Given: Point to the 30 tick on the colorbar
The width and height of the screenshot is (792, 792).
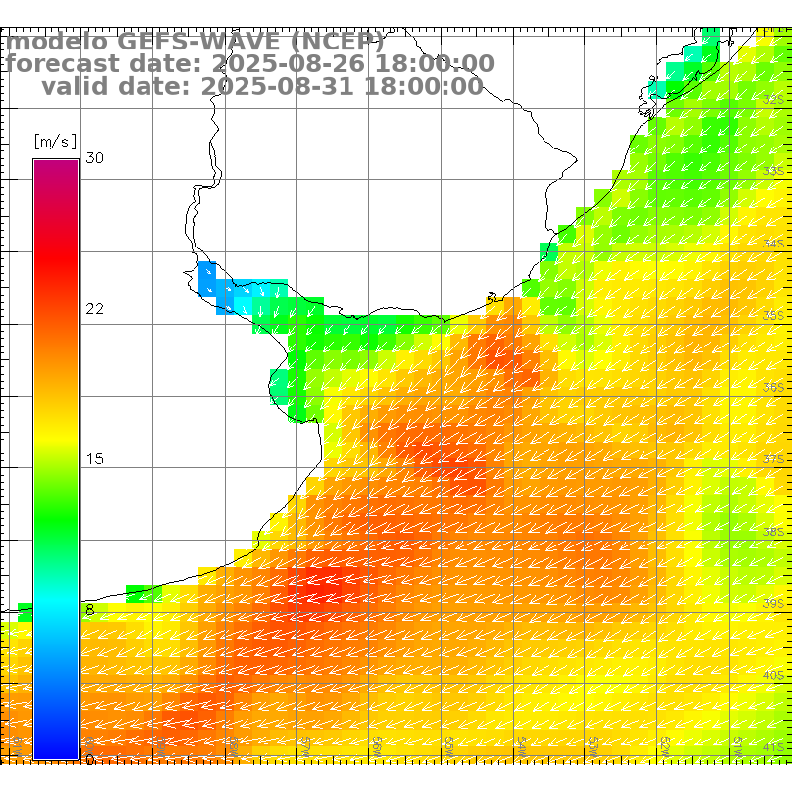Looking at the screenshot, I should (94, 158).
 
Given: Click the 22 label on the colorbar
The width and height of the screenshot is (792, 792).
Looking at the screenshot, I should (94, 309).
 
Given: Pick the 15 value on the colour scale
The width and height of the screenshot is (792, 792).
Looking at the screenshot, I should (94, 459).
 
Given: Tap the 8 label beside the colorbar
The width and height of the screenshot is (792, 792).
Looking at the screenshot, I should (90, 610).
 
